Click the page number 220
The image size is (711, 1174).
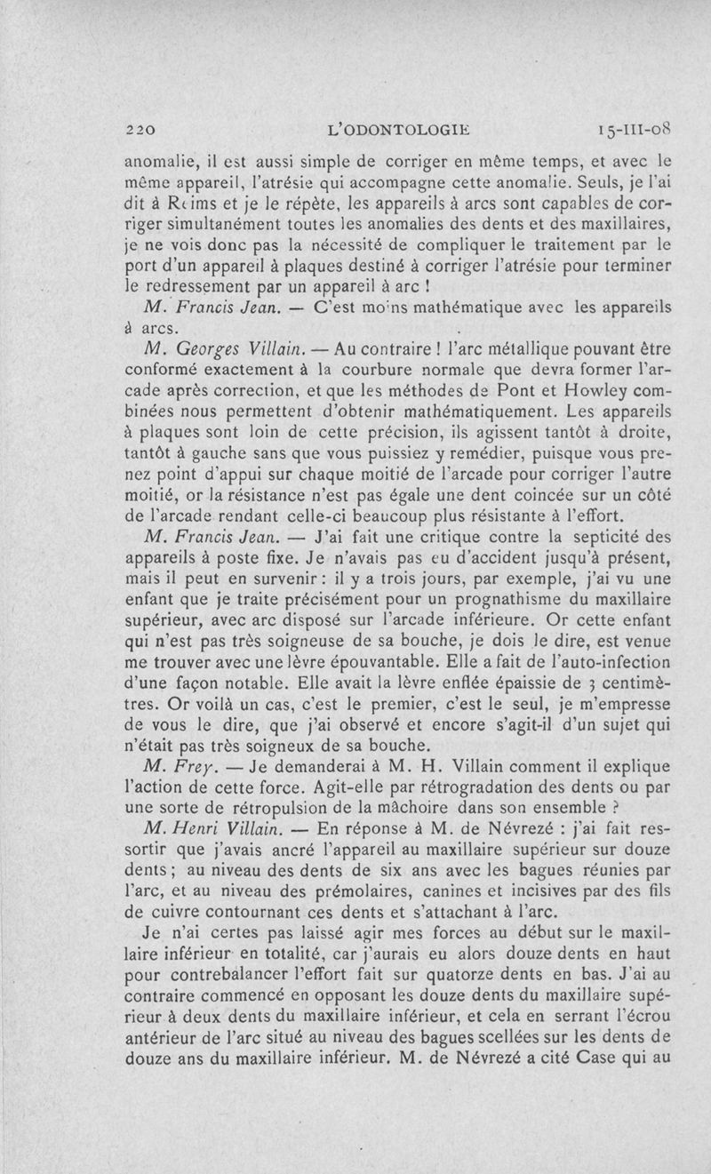[x=141, y=131]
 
